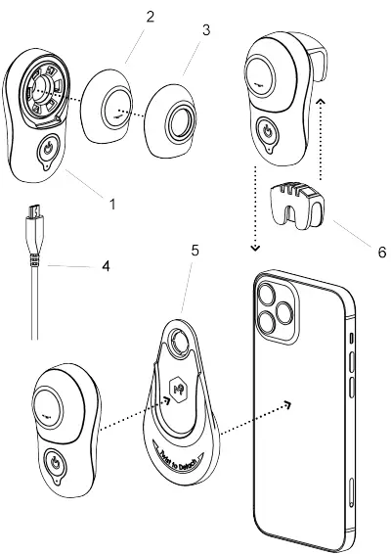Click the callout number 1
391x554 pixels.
click(x=112, y=204)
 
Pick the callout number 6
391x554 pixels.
click(x=368, y=251)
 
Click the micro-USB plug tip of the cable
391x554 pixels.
click(x=34, y=209)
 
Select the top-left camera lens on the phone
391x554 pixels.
click(x=271, y=292)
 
